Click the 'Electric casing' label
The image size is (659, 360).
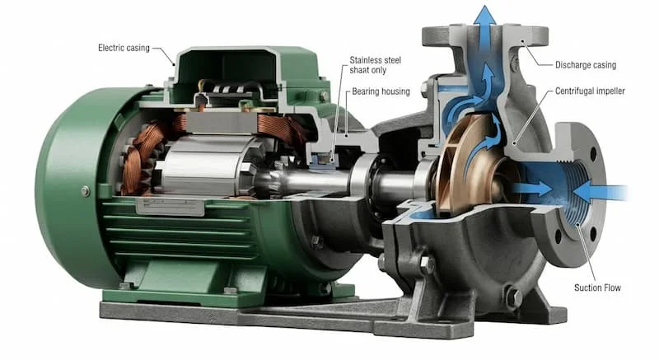124,48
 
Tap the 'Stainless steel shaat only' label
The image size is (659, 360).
376,65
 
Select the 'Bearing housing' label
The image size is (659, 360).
381,91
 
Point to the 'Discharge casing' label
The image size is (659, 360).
586,65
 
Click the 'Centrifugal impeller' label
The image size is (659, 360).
590,91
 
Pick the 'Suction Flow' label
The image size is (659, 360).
597,288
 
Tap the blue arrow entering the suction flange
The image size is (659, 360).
601,193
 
